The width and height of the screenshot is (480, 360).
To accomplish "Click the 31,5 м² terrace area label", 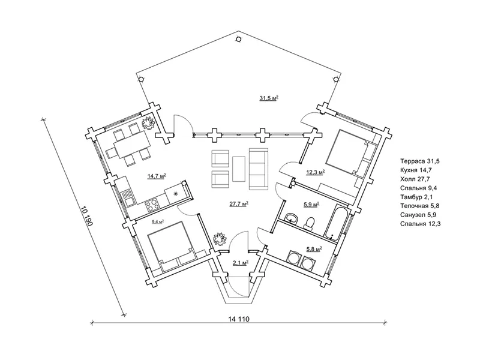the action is click(269, 98).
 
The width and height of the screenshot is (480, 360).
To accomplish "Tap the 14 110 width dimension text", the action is click(239, 319).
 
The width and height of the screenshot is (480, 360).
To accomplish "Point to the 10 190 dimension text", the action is click(87, 216).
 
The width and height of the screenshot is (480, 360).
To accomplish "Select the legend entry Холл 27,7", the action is click(415, 179).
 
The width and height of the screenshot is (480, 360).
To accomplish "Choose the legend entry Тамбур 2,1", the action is click(416, 197).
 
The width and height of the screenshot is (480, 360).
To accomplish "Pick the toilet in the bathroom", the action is click(309, 223).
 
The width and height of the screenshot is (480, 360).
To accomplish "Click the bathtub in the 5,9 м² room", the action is click(336, 222).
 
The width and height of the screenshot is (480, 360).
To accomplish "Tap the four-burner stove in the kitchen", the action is click(152, 205).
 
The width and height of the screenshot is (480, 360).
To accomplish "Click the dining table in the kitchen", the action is click(132, 144).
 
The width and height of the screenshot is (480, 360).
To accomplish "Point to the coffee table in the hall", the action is click(239, 169).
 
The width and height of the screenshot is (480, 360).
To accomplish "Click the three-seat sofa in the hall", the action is click(259, 169).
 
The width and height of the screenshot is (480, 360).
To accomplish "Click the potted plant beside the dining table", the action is click(149, 122).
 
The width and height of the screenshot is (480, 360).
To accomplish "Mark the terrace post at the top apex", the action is click(238, 39).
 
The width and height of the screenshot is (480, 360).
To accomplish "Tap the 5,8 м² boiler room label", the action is click(313, 250).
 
